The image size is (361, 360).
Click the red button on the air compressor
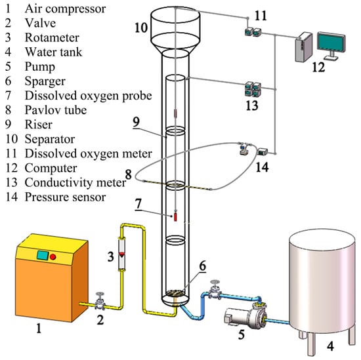tap(53, 256)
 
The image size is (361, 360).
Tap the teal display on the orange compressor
tap(43, 256)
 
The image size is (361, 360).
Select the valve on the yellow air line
tap(100, 301)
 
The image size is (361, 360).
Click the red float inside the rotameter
tap(121, 254)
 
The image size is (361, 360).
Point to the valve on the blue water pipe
tap(215, 290)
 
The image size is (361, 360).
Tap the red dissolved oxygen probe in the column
tap(175, 217)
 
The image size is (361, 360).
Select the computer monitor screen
tap(331, 43)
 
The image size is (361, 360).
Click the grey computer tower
tap(304, 47)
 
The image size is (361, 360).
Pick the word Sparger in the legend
tap(45, 81)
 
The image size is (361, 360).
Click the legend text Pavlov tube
tap(56, 110)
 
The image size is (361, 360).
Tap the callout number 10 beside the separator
tap(141, 28)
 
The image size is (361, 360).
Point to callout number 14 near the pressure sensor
tap(263, 167)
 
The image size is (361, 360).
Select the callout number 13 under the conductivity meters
tap(252, 106)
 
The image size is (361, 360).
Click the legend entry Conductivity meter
tap(75, 183)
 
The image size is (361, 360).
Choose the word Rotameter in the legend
tap(52, 38)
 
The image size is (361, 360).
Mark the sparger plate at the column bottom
tap(175, 293)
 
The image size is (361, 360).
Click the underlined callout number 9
tap(137, 123)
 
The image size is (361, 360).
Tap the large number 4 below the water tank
tap(331, 346)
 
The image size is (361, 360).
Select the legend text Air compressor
tap(65, 9)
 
